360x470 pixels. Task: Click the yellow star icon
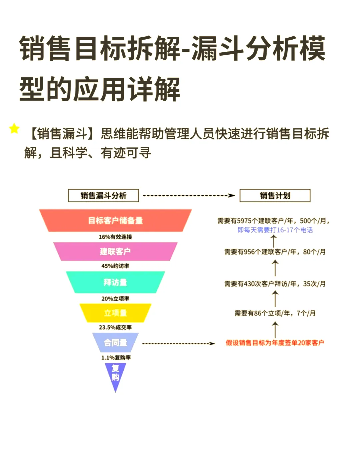[14, 128]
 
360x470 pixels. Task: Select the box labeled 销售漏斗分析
[103, 196]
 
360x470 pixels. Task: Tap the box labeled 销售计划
[275, 196]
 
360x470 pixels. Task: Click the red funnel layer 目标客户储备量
[115, 220]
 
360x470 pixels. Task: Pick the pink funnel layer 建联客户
[115, 251]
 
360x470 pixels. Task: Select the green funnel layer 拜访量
[115, 282]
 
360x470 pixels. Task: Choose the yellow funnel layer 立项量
[115, 313]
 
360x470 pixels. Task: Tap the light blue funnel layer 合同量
[115, 342]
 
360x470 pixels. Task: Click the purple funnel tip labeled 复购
[115, 373]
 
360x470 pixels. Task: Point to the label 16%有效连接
[115, 237]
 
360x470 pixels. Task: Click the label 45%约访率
[115, 266]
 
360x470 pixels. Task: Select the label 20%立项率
[115, 298]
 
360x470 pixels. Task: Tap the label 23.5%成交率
[115, 327]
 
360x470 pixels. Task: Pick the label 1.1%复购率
[116, 357]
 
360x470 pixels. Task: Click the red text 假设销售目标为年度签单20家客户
[275, 343]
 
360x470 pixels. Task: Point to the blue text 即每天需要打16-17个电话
[275, 230]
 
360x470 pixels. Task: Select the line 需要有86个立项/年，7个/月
[275, 313]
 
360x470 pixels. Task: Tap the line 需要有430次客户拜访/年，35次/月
[275, 284]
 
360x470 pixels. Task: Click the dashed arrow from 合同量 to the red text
[178, 343]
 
